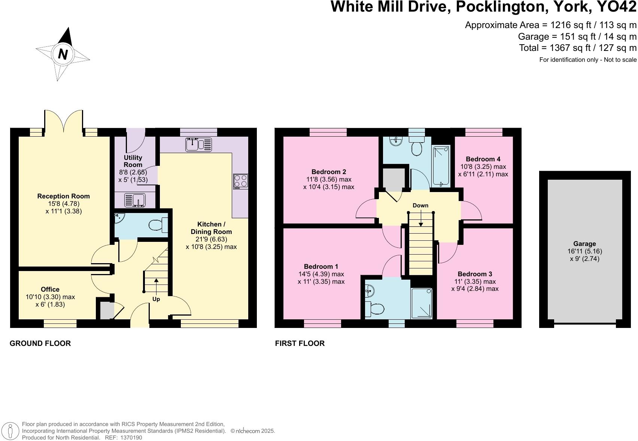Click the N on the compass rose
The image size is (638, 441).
coord(63,55)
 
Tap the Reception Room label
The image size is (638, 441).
coord(64,196)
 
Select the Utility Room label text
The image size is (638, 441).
coord(133,161)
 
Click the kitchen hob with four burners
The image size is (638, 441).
coord(240,181)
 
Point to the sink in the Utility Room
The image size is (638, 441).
coord(134,200)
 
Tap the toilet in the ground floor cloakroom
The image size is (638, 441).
coord(158,225)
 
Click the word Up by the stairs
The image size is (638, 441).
coord(156,299)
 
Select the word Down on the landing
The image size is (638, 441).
coord(420,206)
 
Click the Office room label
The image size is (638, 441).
coord(50,289)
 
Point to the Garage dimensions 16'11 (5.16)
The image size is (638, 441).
coord(584,251)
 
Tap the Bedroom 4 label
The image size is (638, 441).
coord(483,159)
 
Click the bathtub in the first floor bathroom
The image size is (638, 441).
coord(442,166)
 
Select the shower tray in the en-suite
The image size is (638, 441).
coord(422,303)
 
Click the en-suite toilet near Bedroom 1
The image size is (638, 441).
coord(376,308)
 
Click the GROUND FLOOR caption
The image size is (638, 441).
coord(40,343)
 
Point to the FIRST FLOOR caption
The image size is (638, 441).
coord(300,343)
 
